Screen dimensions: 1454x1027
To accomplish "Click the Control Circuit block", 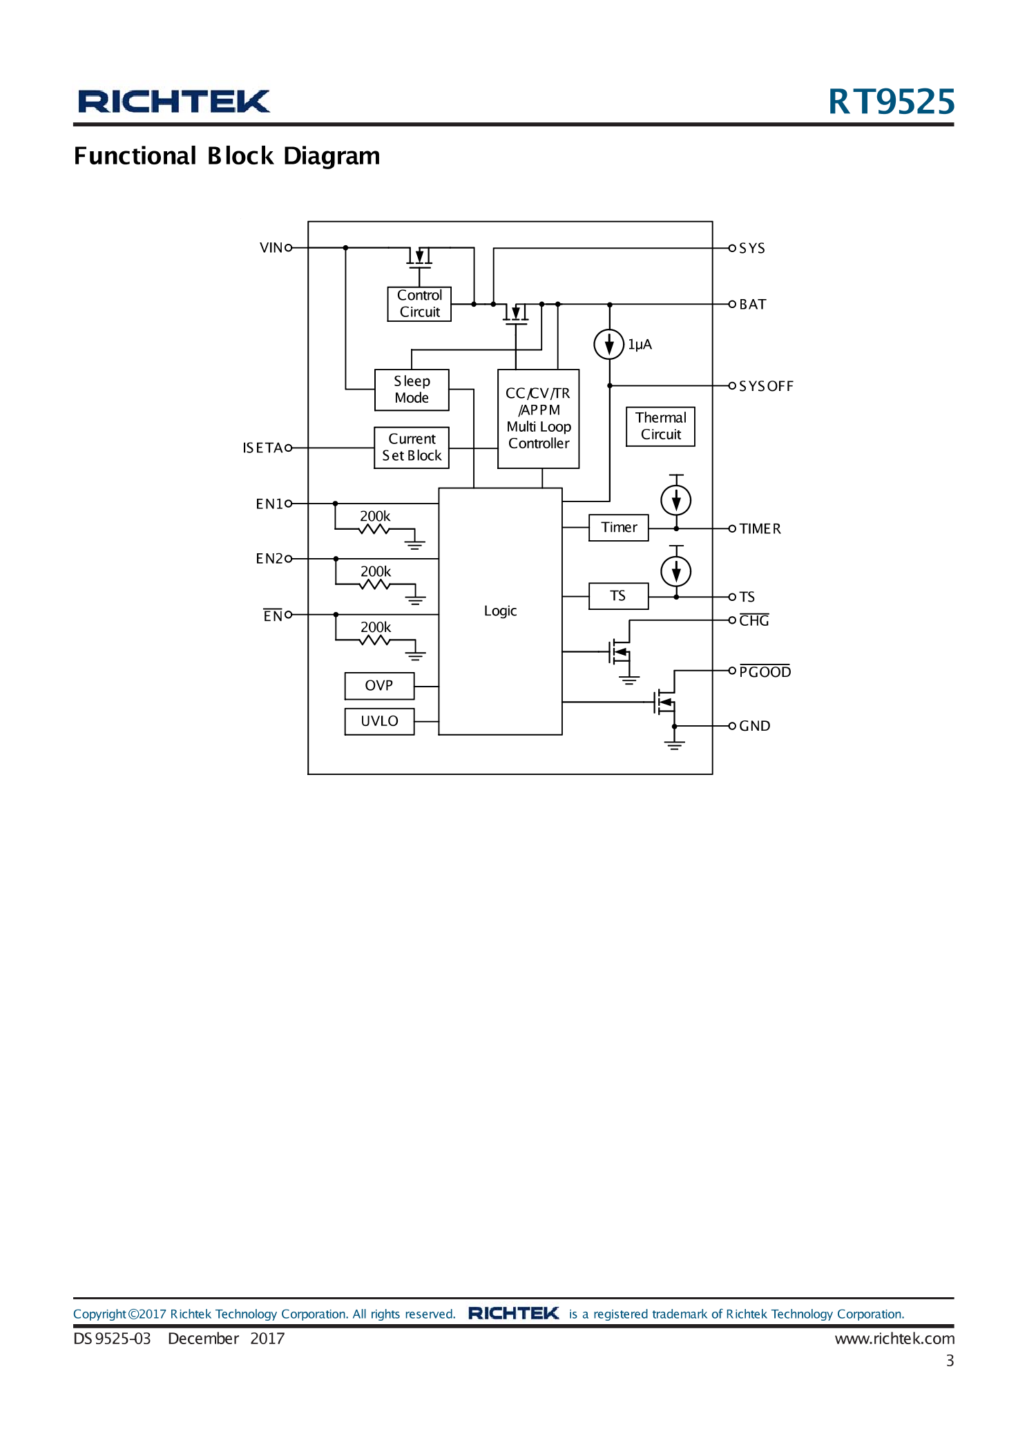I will point(419,304).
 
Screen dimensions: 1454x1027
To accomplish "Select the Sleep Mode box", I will point(412,390).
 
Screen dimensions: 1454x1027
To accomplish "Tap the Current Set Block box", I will point(412,448).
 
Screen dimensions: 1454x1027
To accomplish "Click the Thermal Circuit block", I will point(660,426).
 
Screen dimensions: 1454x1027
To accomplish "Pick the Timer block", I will point(618,528).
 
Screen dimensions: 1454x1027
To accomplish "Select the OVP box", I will point(379,686).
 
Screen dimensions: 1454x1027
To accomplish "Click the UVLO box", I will point(379,721).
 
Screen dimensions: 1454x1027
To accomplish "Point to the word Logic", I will point(500,611).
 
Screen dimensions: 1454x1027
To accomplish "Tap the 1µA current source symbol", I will point(608,344).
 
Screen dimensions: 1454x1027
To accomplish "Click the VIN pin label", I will point(271,248).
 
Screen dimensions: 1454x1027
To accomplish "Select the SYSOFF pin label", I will point(766,386).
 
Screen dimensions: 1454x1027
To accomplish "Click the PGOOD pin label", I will point(765,672).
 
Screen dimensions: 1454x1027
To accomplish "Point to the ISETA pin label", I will point(262,448).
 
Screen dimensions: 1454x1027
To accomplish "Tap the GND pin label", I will point(754,726).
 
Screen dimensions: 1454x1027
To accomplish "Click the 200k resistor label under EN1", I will point(375,517).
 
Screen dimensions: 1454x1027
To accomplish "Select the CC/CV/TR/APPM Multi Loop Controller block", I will point(538,419).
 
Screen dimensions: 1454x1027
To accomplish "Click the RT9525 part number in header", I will point(891,102).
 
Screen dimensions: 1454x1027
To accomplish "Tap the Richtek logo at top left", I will point(173,102).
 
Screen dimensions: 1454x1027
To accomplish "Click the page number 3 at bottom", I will point(950,1361).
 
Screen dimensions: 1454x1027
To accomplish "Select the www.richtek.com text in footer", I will point(894,1339).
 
